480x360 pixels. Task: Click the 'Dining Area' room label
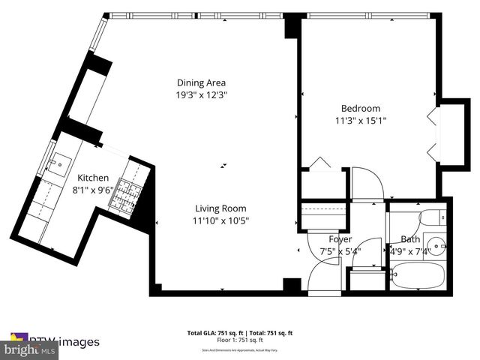201,82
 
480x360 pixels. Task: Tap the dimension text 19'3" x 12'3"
201,95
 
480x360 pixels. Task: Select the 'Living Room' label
220,208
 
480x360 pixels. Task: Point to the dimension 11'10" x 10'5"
220,220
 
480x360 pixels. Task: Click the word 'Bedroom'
360,108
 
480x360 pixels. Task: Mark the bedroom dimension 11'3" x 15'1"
360,120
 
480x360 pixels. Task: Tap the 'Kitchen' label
94,178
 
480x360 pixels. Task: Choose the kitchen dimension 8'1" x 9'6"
94,190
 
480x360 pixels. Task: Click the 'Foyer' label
340,240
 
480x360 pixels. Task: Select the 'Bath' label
409,240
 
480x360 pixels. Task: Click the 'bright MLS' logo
30,349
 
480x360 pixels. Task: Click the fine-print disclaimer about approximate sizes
239,350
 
